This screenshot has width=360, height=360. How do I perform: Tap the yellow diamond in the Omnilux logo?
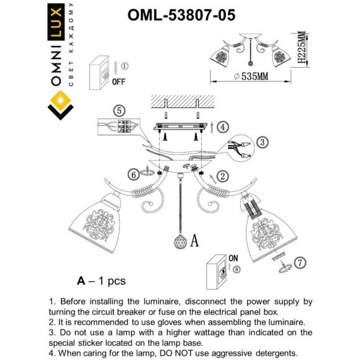(60, 101)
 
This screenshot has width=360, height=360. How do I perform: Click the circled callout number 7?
(299, 261)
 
